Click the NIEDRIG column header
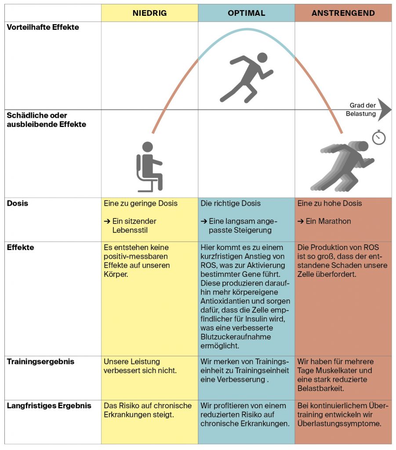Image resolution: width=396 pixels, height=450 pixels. [x=149, y=13]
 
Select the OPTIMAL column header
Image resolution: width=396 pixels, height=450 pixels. [x=247, y=13]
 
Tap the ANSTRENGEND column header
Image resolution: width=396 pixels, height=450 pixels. [x=343, y=13]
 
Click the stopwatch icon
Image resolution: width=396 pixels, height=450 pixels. [x=379, y=137]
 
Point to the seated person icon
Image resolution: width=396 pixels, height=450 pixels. [x=149, y=167]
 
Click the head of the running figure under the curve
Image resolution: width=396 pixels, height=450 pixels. [x=262, y=58]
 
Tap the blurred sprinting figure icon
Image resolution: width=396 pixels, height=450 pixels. [x=342, y=166]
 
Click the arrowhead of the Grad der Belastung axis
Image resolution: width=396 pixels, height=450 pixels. [x=385, y=109]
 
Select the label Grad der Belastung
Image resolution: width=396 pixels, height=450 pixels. [x=361, y=109]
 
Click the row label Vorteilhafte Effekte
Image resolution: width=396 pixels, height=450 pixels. [x=43, y=27]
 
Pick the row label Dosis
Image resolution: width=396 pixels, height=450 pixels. [x=18, y=203]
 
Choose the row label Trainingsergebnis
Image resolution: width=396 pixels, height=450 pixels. [x=40, y=362]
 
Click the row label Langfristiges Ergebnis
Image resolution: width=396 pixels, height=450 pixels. [x=49, y=406]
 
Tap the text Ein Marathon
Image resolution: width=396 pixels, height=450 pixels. [x=328, y=221]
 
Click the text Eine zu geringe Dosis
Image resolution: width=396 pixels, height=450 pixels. [x=141, y=203]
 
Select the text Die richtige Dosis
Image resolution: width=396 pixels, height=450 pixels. [x=230, y=203]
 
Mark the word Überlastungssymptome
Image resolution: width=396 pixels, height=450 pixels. [x=339, y=424]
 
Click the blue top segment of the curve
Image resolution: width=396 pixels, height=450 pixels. [x=247, y=29]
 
